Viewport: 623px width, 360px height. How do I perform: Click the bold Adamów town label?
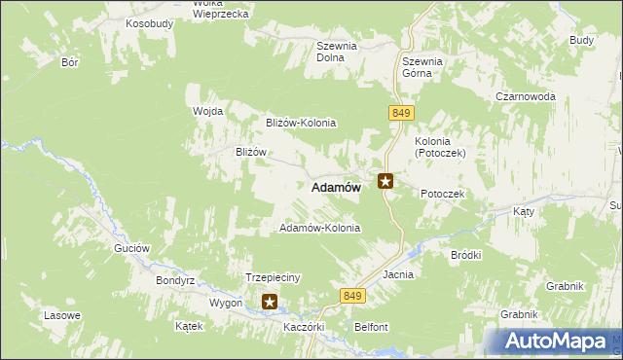click(336, 188)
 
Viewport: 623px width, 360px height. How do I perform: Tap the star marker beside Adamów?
click(386, 180)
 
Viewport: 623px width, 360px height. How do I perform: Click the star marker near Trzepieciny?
click(270, 302)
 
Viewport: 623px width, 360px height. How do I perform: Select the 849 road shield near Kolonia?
click(401, 114)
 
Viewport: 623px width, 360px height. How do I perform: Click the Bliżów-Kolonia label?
click(301, 123)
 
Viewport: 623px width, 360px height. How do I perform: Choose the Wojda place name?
click(208, 111)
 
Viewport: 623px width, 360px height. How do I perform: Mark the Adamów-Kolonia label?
click(319, 228)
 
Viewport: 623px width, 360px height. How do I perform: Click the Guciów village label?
click(131, 248)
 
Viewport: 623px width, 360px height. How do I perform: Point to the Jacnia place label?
click(398, 274)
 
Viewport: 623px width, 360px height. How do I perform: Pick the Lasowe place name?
click(61, 316)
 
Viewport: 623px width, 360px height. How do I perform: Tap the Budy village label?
click(581, 40)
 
